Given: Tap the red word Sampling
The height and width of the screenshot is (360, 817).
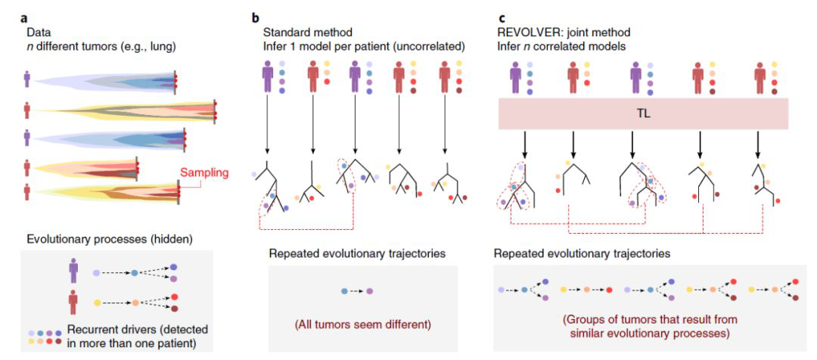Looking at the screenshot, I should tap(204, 172).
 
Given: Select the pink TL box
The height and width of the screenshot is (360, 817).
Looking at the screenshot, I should tap(643, 114).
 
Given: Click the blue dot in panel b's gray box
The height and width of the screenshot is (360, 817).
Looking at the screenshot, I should tap(345, 290).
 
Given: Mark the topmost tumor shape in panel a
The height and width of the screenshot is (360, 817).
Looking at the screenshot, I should tap(106, 79).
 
